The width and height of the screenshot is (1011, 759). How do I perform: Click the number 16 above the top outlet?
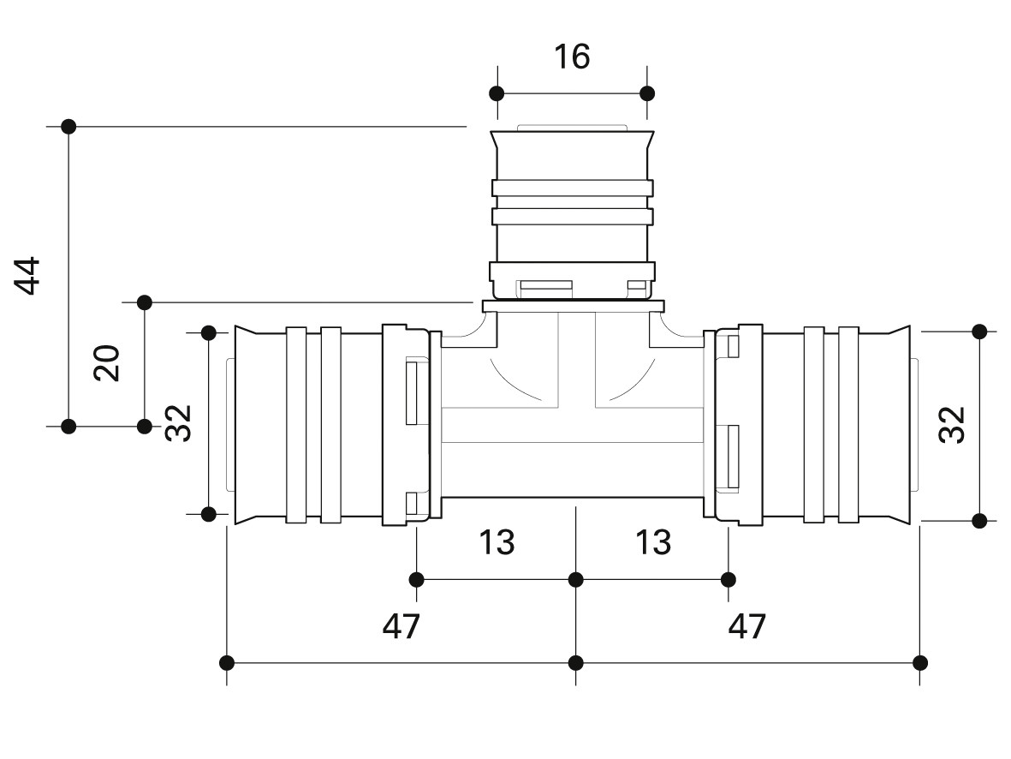pos(572,57)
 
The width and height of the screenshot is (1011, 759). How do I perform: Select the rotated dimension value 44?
pos(31,275)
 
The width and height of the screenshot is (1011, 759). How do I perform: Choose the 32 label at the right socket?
pos(952,424)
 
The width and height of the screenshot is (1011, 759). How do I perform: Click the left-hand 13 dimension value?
pos(497,542)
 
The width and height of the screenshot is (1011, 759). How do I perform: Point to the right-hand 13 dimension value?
pos(653,542)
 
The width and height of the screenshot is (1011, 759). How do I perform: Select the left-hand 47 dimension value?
pos(401,627)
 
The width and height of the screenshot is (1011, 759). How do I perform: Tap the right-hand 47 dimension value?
pos(747,627)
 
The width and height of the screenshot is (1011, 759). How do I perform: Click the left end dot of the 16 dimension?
pos(496,93)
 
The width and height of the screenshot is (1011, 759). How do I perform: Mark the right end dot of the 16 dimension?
pos(647,93)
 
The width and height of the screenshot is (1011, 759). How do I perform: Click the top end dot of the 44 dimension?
pos(69,126)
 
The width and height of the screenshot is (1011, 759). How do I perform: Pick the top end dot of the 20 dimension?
pos(145,302)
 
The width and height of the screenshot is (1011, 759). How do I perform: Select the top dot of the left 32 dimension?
pos(208,332)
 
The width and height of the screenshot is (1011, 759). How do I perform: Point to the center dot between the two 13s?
pos(576,580)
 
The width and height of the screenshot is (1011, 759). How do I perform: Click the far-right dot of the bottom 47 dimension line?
pos(920,662)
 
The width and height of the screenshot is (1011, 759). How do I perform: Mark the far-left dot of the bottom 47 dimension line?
pos(227,662)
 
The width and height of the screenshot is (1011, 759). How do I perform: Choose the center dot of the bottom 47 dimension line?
pos(576,662)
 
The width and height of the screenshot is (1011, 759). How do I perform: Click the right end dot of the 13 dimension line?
pos(729,580)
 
